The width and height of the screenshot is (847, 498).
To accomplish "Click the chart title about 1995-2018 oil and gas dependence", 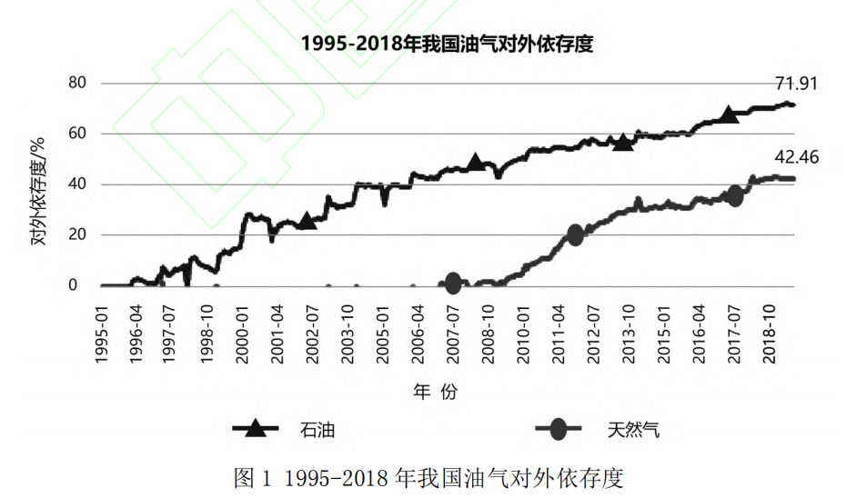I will point(447,45).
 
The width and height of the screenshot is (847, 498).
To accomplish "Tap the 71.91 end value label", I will point(797,85).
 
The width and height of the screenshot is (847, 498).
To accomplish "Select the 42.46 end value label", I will point(797,157).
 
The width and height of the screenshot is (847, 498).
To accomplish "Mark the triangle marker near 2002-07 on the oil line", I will point(308,220).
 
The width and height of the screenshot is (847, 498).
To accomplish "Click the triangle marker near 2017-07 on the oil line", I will point(729,115).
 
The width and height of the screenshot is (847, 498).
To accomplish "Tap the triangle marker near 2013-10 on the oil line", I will point(623,142).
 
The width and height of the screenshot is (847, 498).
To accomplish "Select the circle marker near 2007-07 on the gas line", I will point(453,284).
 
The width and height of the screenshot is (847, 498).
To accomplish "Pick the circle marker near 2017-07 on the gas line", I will point(735,195).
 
